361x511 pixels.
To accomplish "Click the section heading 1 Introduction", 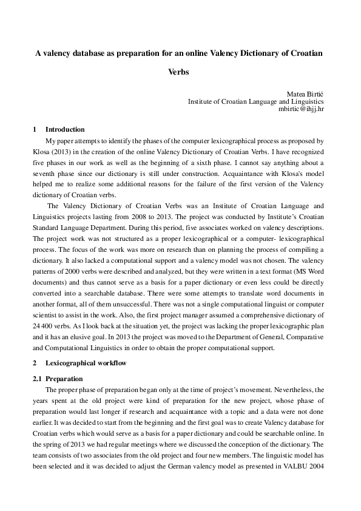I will [x=58, y=129].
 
